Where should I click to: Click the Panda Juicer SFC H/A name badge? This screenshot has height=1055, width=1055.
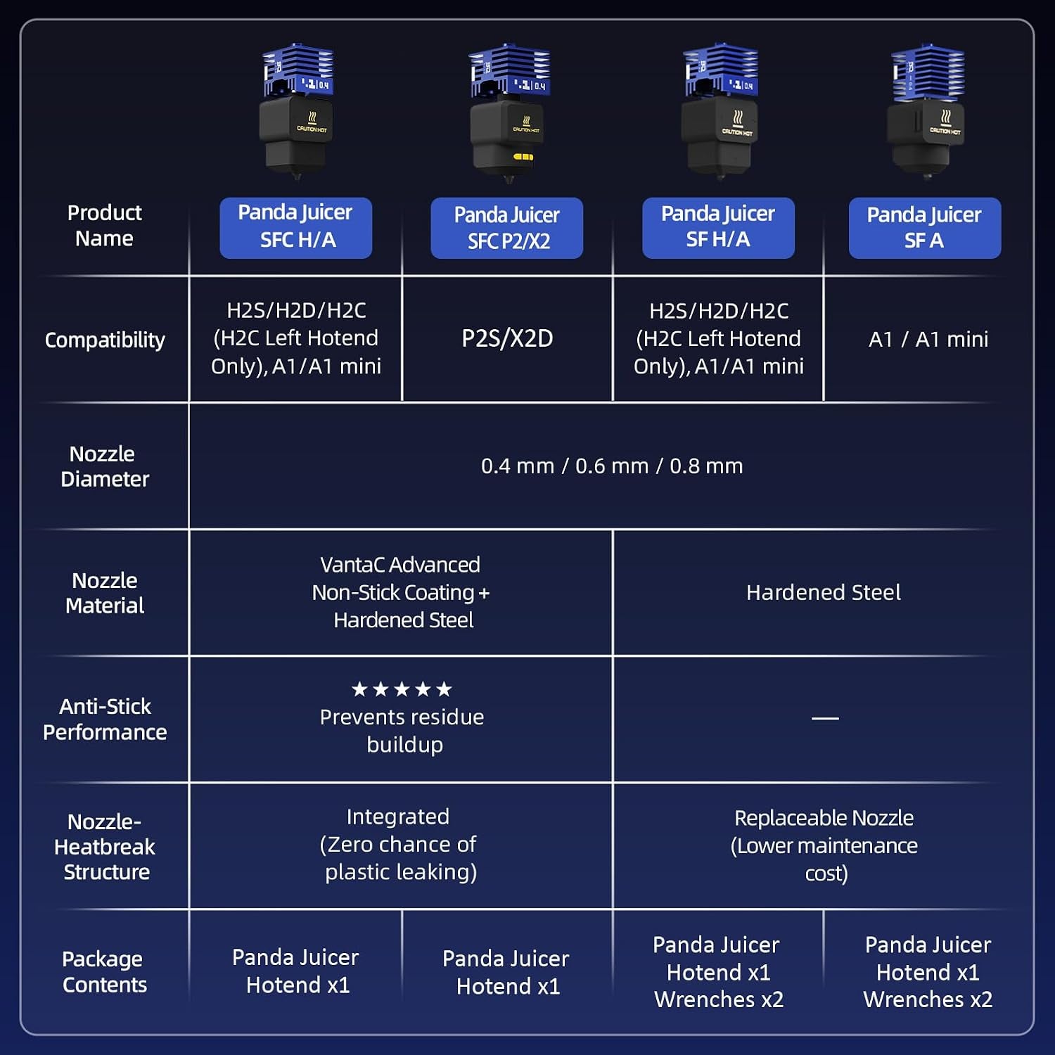pyautogui.click(x=295, y=228)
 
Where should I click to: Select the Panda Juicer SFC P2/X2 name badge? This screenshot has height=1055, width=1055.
pyautogui.click(x=506, y=228)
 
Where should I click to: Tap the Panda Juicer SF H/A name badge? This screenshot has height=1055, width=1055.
pyautogui.click(x=718, y=228)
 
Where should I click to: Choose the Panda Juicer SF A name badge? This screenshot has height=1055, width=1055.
pyautogui.click(x=924, y=228)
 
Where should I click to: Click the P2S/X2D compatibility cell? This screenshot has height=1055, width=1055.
pyautogui.click(x=507, y=338)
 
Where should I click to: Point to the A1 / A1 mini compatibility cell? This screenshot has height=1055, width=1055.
pyautogui.click(x=928, y=339)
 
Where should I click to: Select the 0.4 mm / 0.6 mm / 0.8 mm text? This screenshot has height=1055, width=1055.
pyautogui.click(x=612, y=466)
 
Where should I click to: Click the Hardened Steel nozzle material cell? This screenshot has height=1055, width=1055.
pyautogui.click(x=824, y=592)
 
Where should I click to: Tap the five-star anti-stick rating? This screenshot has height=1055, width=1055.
pyautogui.click(x=402, y=689)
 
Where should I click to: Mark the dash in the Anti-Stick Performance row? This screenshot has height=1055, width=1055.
pyautogui.click(x=825, y=718)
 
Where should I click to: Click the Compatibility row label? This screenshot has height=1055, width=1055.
pyautogui.click(x=105, y=340)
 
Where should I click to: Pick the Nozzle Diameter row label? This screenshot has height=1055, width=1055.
pyautogui.click(x=105, y=466)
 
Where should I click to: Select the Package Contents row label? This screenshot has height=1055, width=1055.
pyautogui.click(x=104, y=971)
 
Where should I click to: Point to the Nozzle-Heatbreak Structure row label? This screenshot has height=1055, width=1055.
pyautogui.click(x=105, y=846)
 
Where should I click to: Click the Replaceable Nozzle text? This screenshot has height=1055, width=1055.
pyautogui.click(x=824, y=818)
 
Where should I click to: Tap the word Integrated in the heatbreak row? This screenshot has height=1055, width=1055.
pyautogui.click(x=398, y=817)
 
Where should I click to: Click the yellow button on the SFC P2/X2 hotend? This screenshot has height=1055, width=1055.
pyautogui.click(x=523, y=157)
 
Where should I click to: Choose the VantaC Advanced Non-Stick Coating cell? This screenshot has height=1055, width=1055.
pyautogui.click(x=401, y=592)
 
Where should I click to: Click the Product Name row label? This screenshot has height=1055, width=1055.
pyautogui.click(x=104, y=225)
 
